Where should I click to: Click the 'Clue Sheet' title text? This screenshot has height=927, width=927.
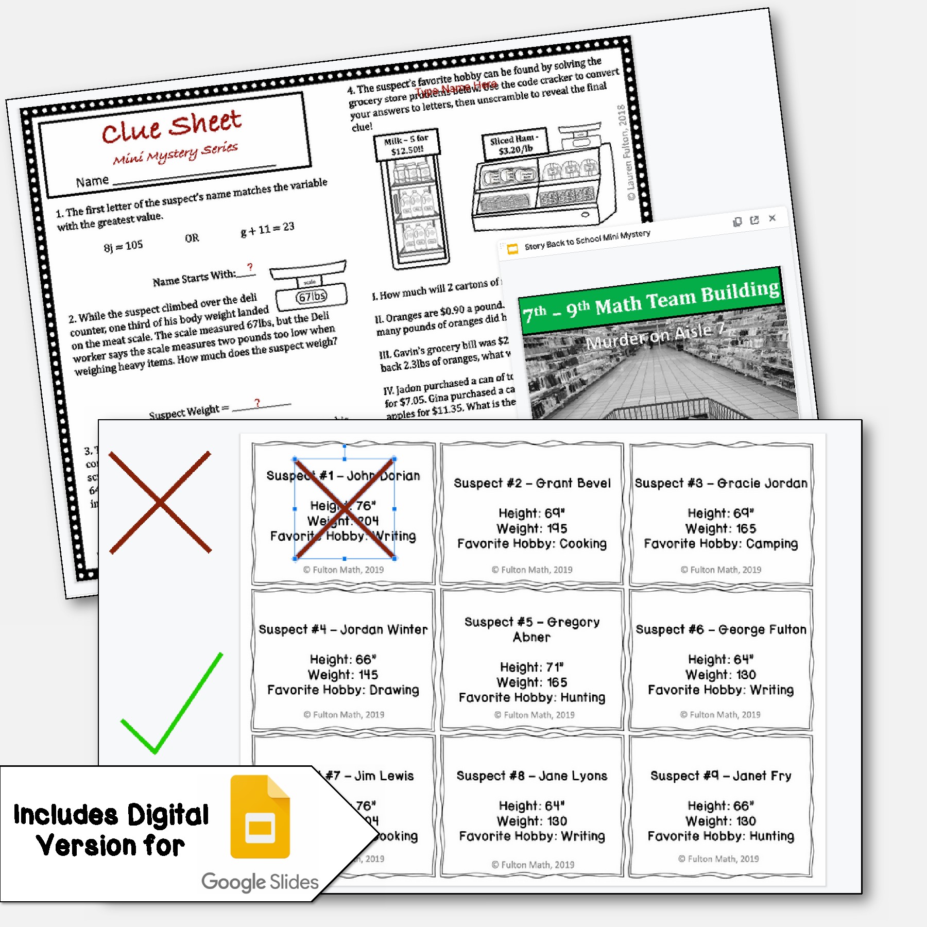click(171, 126)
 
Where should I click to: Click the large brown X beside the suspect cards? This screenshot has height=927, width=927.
click(160, 503)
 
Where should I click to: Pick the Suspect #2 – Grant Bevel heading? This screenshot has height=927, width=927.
click(532, 483)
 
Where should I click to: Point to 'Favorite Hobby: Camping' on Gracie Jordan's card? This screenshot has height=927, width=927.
click(720, 544)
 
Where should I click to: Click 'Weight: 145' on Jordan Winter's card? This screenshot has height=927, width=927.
click(343, 675)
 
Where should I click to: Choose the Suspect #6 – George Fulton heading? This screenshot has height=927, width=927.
click(721, 629)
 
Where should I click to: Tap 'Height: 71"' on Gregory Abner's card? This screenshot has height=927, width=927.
click(532, 667)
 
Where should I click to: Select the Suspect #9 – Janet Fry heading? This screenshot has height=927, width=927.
click(720, 776)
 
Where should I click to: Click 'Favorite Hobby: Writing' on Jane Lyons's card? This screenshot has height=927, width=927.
click(532, 836)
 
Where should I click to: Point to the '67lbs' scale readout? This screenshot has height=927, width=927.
click(312, 297)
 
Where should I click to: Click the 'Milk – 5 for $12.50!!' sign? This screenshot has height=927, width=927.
click(406, 145)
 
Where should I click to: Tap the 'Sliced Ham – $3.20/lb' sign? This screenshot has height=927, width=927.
click(514, 145)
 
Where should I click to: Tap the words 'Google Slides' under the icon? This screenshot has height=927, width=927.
click(260, 882)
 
